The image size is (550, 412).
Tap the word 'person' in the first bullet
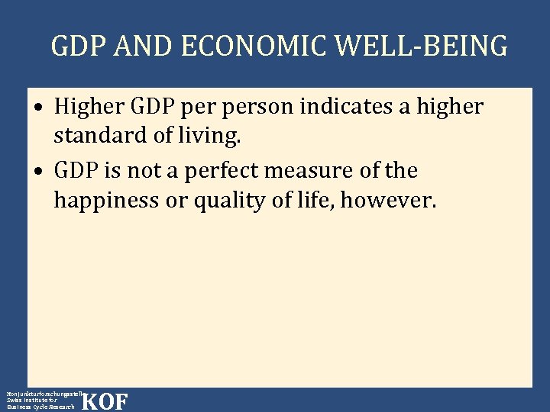256,108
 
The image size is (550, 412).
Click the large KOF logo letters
105,401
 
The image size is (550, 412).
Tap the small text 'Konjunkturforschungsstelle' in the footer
43,393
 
